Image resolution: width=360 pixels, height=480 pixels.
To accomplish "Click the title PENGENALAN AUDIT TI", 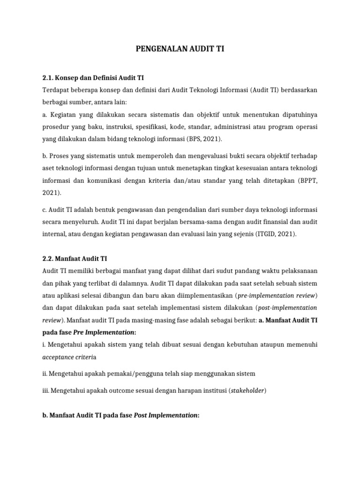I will point(180,47).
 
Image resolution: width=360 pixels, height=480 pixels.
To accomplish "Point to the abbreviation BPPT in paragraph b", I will point(307,180).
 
